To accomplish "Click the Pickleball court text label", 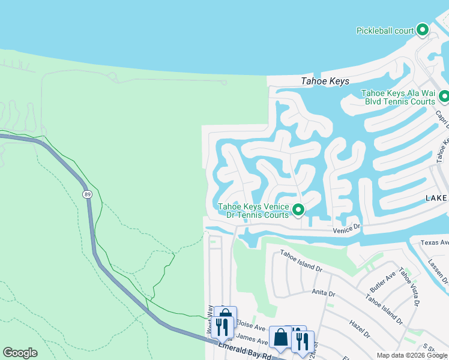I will (385, 30).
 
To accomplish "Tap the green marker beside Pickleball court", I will (423, 29).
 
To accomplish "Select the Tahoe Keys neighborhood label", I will (324, 82).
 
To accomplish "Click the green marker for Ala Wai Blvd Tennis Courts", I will (444, 96).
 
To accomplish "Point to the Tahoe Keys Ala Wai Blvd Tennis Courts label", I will (398, 97).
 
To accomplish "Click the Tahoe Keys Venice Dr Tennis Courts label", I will (253, 210).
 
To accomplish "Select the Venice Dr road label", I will (346, 228).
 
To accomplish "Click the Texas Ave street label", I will (434, 242).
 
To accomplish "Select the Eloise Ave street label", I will (250, 328).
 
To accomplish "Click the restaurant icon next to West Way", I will (223, 326).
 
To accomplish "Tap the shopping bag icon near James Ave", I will (280, 337).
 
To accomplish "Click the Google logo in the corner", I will (20, 353).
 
